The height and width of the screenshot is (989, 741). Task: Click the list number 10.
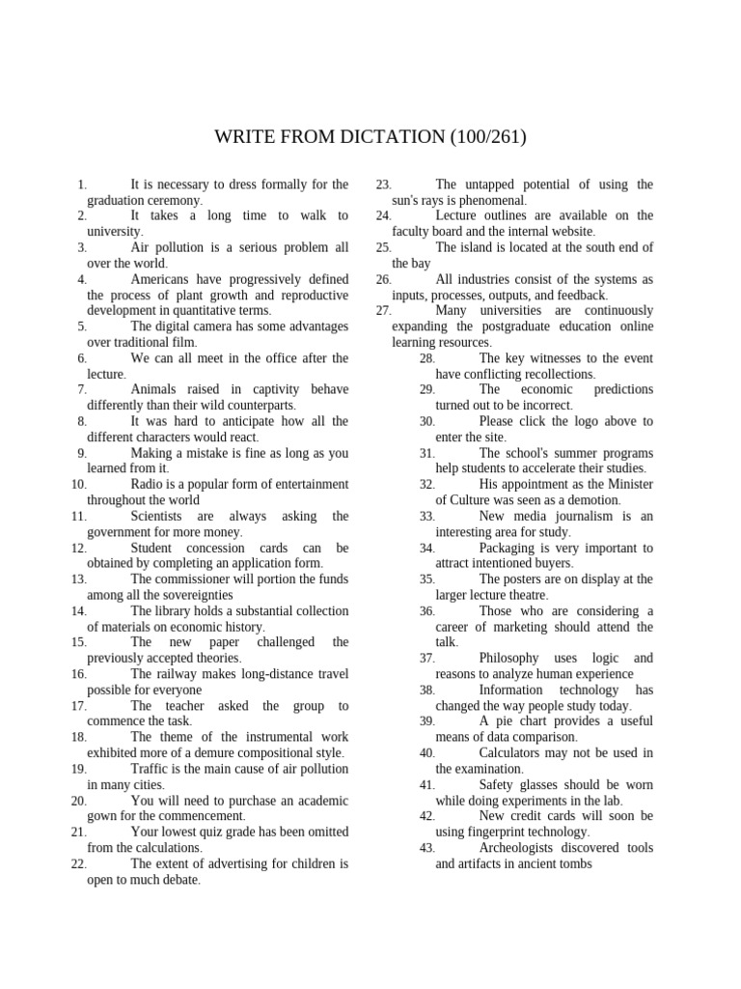[x=79, y=484]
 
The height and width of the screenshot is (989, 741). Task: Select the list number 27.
[x=383, y=311]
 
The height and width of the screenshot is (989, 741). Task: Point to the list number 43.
[x=427, y=848]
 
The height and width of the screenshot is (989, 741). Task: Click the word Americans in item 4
[x=161, y=279]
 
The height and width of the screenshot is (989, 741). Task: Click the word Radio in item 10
[x=147, y=484]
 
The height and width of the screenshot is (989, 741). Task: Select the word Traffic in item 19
[x=151, y=769]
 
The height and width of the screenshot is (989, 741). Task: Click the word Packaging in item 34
[x=510, y=548]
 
